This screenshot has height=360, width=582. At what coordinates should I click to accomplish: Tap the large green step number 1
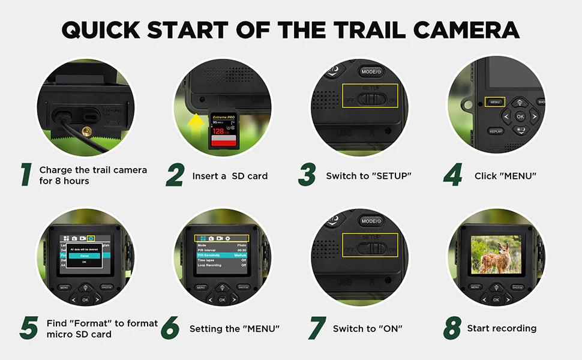pos(26,175)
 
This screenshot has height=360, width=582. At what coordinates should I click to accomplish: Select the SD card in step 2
pos(223,130)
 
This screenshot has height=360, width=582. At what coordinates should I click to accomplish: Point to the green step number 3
pos(307,175)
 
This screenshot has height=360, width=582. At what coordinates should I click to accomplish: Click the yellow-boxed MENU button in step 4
pos(495,102)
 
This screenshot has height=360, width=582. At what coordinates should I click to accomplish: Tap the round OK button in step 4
pos(520,116)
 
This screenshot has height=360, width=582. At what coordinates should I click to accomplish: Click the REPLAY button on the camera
pos(496,131)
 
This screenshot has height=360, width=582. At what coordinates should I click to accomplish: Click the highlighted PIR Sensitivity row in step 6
pos(222,255)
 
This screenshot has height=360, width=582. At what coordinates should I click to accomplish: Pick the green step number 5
pos(29,328)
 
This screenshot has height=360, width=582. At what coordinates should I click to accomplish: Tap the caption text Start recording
pos(502,328)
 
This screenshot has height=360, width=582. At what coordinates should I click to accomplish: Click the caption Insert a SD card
pos(230,176)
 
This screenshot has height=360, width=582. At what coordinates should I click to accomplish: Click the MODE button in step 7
pos(370,221)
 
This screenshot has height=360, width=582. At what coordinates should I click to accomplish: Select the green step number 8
pos(452,328)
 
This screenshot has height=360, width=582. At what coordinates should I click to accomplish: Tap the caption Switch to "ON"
pos(367,329)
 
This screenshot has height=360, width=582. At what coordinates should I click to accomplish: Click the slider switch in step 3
pos(367,98)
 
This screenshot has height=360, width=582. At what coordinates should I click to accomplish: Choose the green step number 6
pos(170,328)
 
